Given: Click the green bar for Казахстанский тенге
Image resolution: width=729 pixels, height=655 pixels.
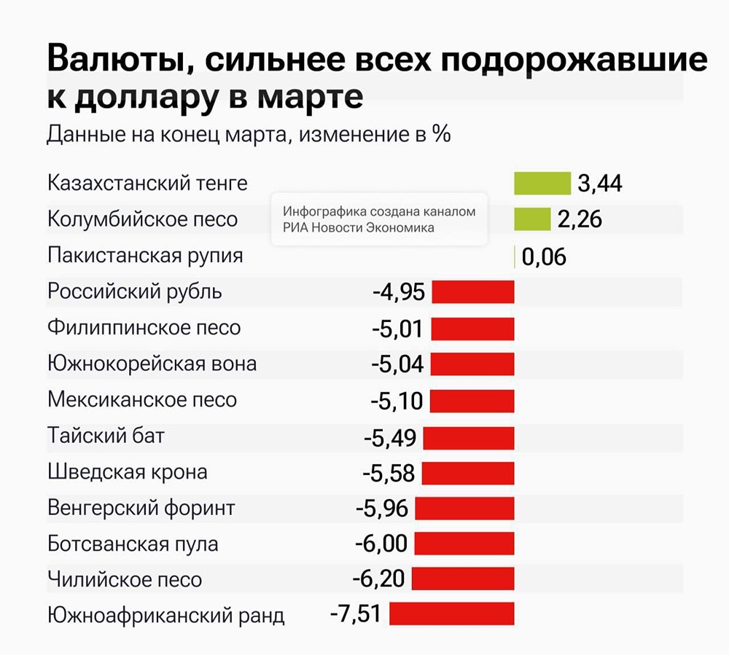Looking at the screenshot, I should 542,184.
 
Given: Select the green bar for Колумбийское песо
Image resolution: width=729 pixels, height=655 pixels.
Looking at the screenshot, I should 532,219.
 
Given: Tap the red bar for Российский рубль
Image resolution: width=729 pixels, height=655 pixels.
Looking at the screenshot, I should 473,292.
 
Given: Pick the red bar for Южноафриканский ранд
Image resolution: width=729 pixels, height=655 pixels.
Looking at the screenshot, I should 452,614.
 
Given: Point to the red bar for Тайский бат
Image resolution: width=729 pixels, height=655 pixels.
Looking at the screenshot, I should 469,437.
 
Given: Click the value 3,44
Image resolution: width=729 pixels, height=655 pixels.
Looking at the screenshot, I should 600,184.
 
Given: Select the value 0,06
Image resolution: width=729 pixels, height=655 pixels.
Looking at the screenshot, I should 544,256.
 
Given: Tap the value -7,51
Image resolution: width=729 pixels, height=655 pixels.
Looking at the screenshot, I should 355,614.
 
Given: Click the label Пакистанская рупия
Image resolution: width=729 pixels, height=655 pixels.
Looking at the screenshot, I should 145,256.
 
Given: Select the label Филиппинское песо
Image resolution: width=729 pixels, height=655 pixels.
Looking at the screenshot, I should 144,328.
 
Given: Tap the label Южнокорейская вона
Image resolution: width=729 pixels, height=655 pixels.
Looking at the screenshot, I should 152,364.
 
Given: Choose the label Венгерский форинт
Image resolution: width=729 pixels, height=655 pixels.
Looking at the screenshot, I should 141,507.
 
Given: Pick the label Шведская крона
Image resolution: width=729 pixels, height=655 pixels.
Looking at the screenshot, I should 128,471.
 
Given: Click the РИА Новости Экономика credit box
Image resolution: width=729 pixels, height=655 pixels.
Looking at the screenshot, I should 378,219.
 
